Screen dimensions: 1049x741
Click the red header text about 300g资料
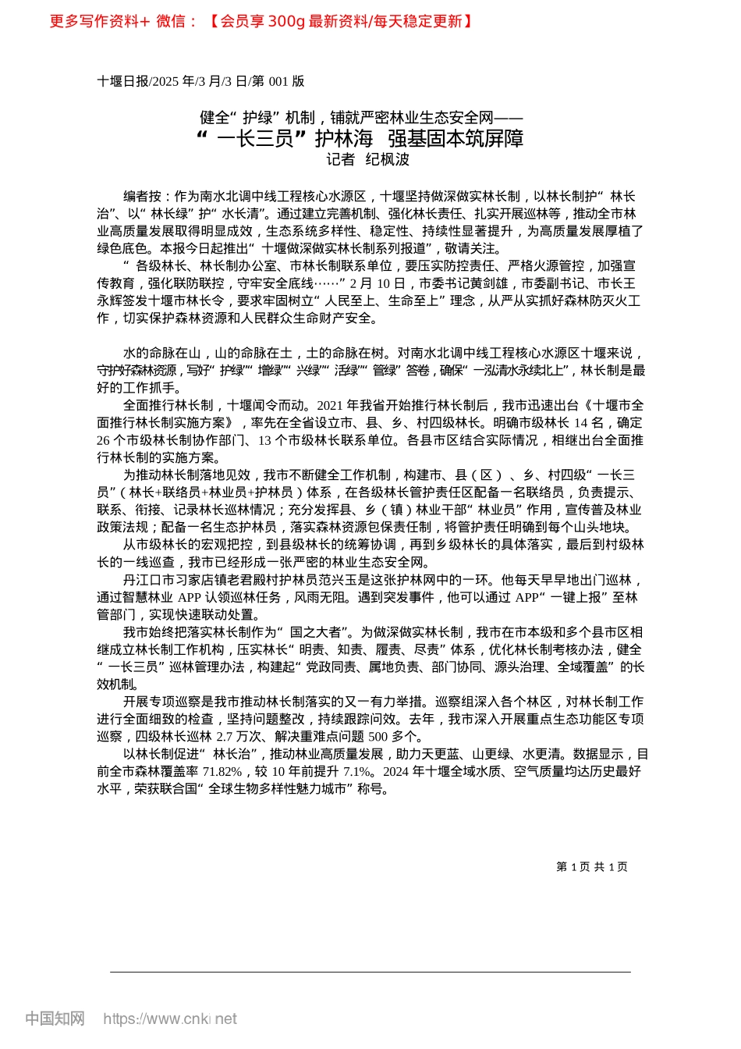(262, 22)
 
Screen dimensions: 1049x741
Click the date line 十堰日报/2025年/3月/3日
(200, 81)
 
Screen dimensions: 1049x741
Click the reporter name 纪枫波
(388, 160)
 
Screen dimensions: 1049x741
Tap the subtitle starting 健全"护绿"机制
(360, 118)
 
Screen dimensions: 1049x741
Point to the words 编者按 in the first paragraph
(142, 197)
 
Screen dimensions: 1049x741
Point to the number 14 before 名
(580, 423)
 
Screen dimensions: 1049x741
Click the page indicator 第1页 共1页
(591, 867)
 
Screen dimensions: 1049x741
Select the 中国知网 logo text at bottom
(55, 1019)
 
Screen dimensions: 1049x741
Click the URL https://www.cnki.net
(170, 1019)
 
